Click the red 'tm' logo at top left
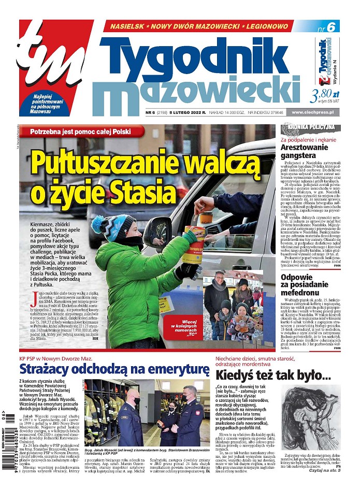pos(49,57)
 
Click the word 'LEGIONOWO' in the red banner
pos(262,25)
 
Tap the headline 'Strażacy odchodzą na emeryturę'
pos(114,369)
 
